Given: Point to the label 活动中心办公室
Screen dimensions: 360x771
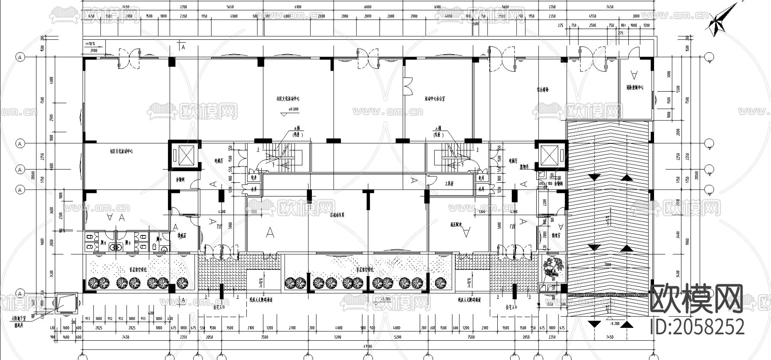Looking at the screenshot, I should pos(434,98).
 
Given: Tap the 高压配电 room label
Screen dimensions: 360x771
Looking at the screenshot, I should pos(457,224).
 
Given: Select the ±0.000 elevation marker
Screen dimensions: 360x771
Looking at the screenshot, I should pos(293,110).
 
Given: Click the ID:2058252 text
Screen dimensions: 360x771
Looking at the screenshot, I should pos(697,327).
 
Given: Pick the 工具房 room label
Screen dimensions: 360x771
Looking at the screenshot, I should pos(448,184).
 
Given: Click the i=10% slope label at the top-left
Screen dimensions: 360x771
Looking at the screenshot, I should pos(90,44).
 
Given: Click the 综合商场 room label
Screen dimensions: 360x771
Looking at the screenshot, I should pos(543,90).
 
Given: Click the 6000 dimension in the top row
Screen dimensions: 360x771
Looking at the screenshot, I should pos(368,7).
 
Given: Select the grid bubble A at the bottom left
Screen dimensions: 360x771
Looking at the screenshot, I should pos(19,294).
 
